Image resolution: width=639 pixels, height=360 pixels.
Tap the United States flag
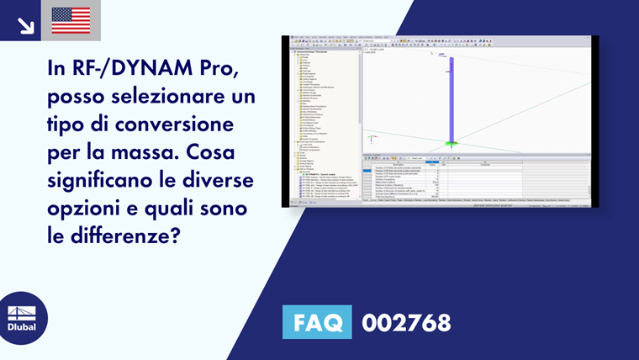coord(71,20)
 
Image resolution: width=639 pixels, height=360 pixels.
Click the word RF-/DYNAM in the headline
coord(128,71)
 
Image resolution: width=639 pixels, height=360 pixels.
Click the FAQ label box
coord(317,322)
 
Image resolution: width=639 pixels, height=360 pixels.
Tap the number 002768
coord(406,322)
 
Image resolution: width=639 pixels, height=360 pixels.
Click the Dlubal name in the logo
coord(23,326)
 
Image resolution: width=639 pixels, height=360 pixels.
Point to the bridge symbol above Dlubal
coord(23,310)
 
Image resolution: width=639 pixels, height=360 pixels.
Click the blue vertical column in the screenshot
coord(452,97)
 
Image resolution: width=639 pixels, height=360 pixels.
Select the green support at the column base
coord(452,144)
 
